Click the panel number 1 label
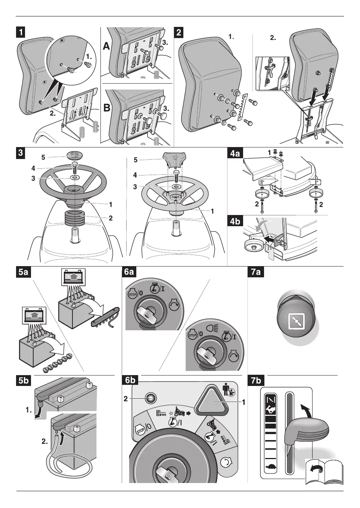21,32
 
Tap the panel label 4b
235,221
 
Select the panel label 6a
129,271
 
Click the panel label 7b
256,381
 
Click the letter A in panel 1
107,46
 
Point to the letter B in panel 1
107,108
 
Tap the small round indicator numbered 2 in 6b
150,398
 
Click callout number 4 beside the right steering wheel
135,175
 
